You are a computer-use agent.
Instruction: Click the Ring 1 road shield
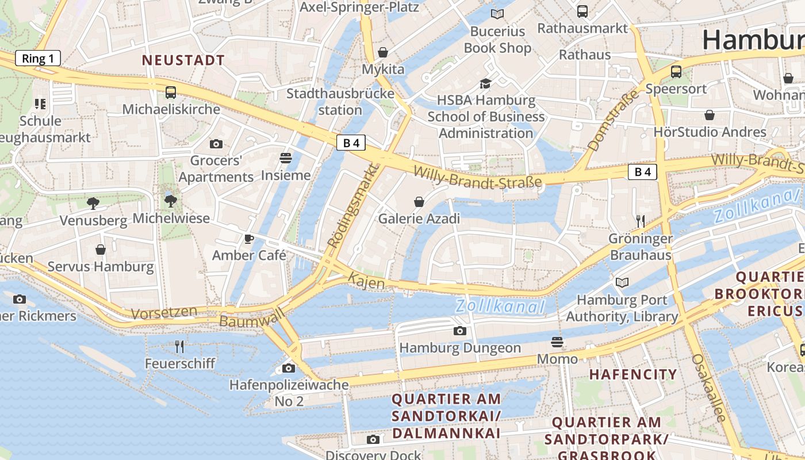point(38,58)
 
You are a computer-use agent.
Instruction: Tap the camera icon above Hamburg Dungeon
point(459,331)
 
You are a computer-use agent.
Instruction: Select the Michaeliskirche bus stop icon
point(171,92)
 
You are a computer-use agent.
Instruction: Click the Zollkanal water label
point(500,306)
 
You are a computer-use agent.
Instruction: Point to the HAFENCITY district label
point(633,374)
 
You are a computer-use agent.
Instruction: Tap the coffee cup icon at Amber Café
point(249,239)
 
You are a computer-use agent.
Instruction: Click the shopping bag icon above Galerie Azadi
point(419,202)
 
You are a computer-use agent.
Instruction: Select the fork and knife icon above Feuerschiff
point(179,346)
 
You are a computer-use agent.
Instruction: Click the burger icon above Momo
point(557,343)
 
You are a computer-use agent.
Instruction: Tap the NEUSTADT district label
point(183,60)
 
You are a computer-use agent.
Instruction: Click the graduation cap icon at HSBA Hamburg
point(486,84)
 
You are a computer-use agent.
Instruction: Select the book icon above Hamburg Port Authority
point(622,282)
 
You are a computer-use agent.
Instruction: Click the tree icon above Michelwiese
point(170,201)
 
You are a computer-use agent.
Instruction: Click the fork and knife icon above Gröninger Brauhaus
point(641,221)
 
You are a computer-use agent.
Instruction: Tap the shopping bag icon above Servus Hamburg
point(101,250)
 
